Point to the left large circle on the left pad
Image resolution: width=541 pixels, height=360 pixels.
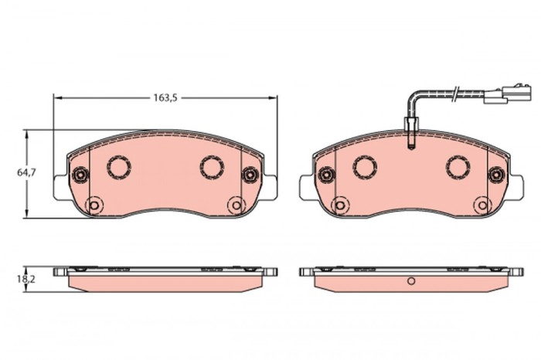coord(119,166)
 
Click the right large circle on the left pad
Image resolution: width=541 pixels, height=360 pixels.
coord(212,166)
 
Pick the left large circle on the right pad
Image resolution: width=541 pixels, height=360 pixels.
coord(364,166)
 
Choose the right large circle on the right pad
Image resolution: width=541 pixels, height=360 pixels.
coord(457,166)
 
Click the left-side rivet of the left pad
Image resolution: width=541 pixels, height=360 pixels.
coord(80,177)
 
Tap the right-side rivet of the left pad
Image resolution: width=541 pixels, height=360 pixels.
coord(250,177)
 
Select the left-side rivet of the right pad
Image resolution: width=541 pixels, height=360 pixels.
coord(325,177)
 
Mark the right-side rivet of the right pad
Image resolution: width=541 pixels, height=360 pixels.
coord(495,177)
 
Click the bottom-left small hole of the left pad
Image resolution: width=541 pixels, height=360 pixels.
coord(94,205)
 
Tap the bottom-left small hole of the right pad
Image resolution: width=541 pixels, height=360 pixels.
coord(339,205)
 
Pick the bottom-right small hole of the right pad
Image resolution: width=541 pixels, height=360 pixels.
coord(481,205)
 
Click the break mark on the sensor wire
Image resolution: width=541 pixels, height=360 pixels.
coord(458,96)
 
